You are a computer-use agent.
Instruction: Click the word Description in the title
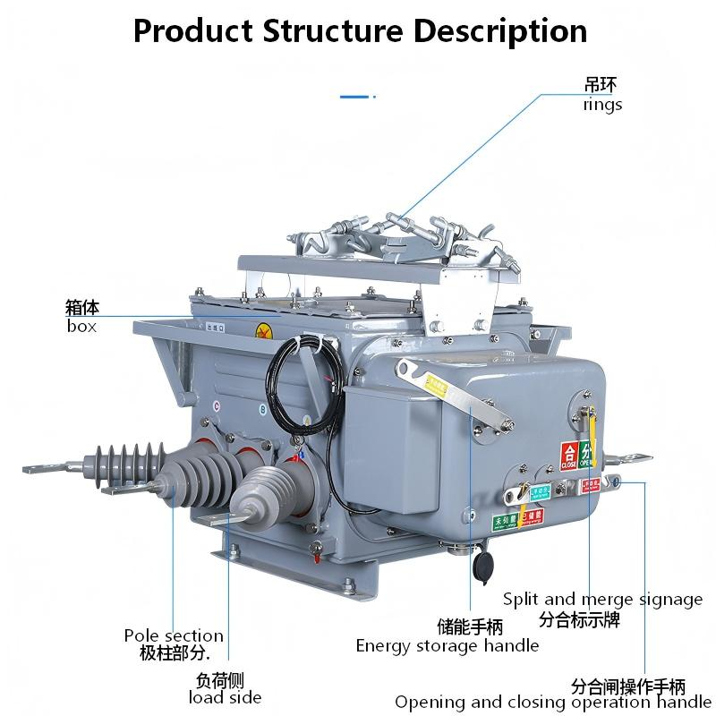pyautogui.click(x=499, y=31)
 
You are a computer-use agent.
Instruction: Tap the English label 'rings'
pyautogui.click(x=602, y=105)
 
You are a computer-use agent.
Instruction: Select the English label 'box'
pyautogui.click(x=81, y=326)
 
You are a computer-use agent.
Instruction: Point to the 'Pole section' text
pyautogui.click(x=174, y=635)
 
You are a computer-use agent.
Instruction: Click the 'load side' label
pyautogui.click(x=225, y=697)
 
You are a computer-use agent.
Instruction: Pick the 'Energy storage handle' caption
pyautogui.click(x=447, y=645)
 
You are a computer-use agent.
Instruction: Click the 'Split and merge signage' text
pyautogui.click(x=602, y=600)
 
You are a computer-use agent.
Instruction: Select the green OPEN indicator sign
pyautogui.click(x=586, y=455)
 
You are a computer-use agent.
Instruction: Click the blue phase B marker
pyautogui.click(x=261, y=411)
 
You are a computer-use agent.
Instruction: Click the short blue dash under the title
pyautogui.click(x=356, y=95)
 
